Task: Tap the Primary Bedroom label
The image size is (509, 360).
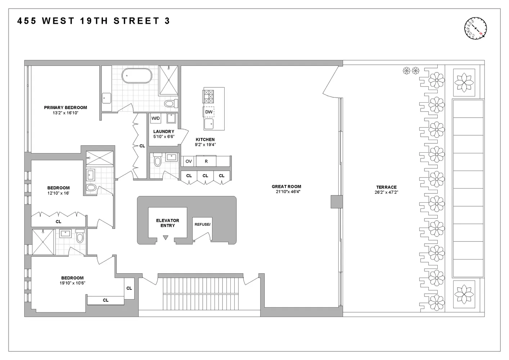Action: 66,108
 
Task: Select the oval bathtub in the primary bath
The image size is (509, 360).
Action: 137,76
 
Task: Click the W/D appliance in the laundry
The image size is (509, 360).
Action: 156,118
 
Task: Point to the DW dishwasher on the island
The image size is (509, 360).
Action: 209,112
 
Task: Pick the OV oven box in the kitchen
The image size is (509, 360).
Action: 189,161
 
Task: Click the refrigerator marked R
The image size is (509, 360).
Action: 206,161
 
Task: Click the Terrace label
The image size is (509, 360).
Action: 386,187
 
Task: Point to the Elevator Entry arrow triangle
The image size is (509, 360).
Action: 166,237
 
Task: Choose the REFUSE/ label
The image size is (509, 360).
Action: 202,224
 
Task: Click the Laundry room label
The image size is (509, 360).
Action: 163,132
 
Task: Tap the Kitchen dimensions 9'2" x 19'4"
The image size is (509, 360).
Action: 205,145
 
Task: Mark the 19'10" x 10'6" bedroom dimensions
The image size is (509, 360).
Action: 72,283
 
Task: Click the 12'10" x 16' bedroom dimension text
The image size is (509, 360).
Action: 58,193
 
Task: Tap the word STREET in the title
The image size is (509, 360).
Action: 134,21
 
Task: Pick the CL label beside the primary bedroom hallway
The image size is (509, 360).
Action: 142,146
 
